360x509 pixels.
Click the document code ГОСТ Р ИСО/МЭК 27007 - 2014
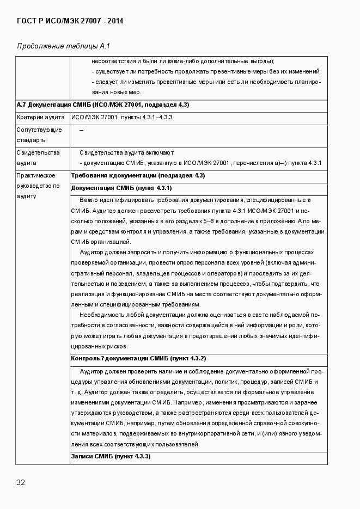[x=70, y=21]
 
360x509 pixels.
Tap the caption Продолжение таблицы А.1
[x=64, y=46]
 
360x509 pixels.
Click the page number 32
[x=21, y=482]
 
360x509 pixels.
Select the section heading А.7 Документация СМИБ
[x=103, y=105]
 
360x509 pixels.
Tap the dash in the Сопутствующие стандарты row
[x=82, y=130]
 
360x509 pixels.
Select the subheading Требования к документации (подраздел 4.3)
[x=138, y=176]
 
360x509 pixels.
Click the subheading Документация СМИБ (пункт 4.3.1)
[x=121, y=188]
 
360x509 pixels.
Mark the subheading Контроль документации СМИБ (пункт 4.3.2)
[x=138, y=359]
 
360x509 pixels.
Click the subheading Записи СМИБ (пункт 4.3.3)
[x=111, y=456]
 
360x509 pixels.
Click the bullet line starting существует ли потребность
[x=206, y=71]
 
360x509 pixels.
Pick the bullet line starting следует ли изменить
[x=206, y=82]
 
